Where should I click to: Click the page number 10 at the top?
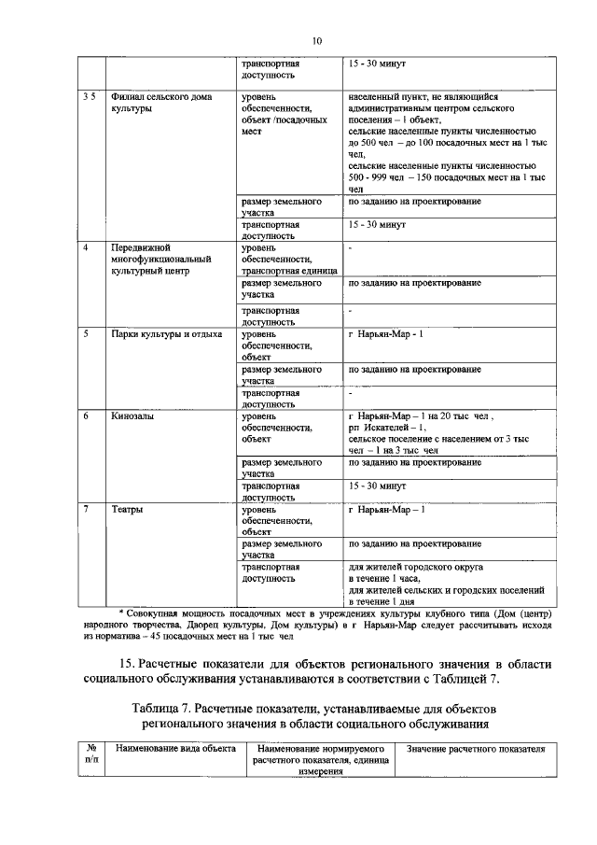pos(316,41)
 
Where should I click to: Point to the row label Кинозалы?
pos(132,416)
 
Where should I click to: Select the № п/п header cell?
pos(90,755)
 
